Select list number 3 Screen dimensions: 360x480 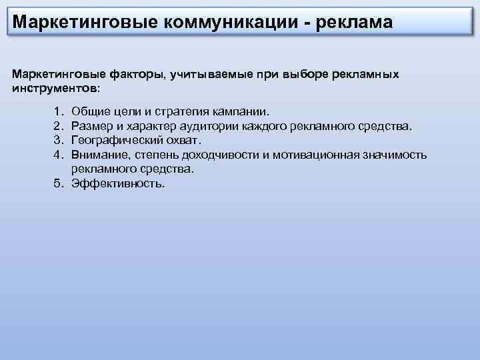tap(59, 140)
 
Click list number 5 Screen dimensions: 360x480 tap(59, 184)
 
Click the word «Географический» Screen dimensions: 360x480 tap(117, 140)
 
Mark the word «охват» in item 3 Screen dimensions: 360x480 tap(182, 140)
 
